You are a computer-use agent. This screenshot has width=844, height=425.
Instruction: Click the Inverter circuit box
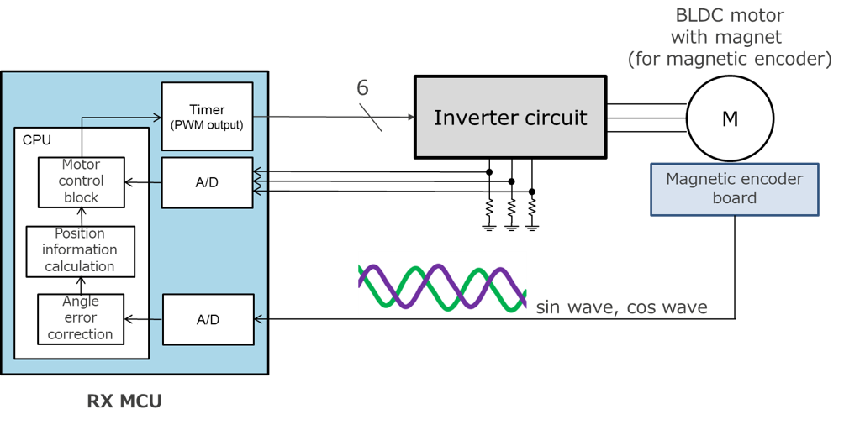pyautogui.click(x=510, y=117)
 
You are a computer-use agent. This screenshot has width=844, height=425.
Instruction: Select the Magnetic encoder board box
pyautogui.click(x=735, y=189)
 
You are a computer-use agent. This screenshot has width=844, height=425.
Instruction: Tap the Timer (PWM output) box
pyautogui.click(x=207, y=116)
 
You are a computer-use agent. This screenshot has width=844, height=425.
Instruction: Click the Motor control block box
pyautogui.click(x=81, y=181)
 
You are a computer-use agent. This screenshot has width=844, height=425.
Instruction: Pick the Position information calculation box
pyautogui.click(x=80, y=249)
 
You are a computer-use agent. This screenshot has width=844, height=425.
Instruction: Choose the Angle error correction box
pyautogui.click(x=80, y=318)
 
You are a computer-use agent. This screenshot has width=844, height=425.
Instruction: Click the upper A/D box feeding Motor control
pyautogui.click(x=207, y=182)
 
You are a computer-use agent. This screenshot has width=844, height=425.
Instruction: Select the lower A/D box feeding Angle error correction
pyautogui.click(x=207, y=319)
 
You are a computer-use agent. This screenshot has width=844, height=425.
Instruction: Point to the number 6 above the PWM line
pyautogui.click(x=362, y=87)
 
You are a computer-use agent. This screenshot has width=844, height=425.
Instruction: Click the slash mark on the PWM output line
pyautogui.click(x=371, y=117)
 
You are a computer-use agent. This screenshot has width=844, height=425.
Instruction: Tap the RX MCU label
pyautogui.click(x=124, y=401)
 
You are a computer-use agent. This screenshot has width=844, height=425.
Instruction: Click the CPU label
pyautogui.click(x=36, y=139)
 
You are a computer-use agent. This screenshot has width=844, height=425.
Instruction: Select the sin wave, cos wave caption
pyautogui.click(x=621, y=307)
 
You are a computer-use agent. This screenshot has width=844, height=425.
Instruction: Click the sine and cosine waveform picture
pyautogui.click(x=442, y=283)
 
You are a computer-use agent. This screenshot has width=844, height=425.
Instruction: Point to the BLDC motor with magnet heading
pyautogui.click(x=729, y=37)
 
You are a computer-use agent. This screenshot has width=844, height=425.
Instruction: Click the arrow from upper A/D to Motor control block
pyautogui.click(x=143, y=182)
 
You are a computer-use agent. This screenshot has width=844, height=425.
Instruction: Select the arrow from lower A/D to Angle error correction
pyautogui.click(x=143, y=319)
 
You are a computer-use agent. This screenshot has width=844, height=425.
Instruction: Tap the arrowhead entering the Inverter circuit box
pyautogui.click(x=410, y=117)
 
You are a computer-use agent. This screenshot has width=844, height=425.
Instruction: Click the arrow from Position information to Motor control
pyautogui.click(x=81, y=217)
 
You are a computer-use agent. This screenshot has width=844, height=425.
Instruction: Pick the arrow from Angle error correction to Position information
pyautogui.click(x=81, y=286)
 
